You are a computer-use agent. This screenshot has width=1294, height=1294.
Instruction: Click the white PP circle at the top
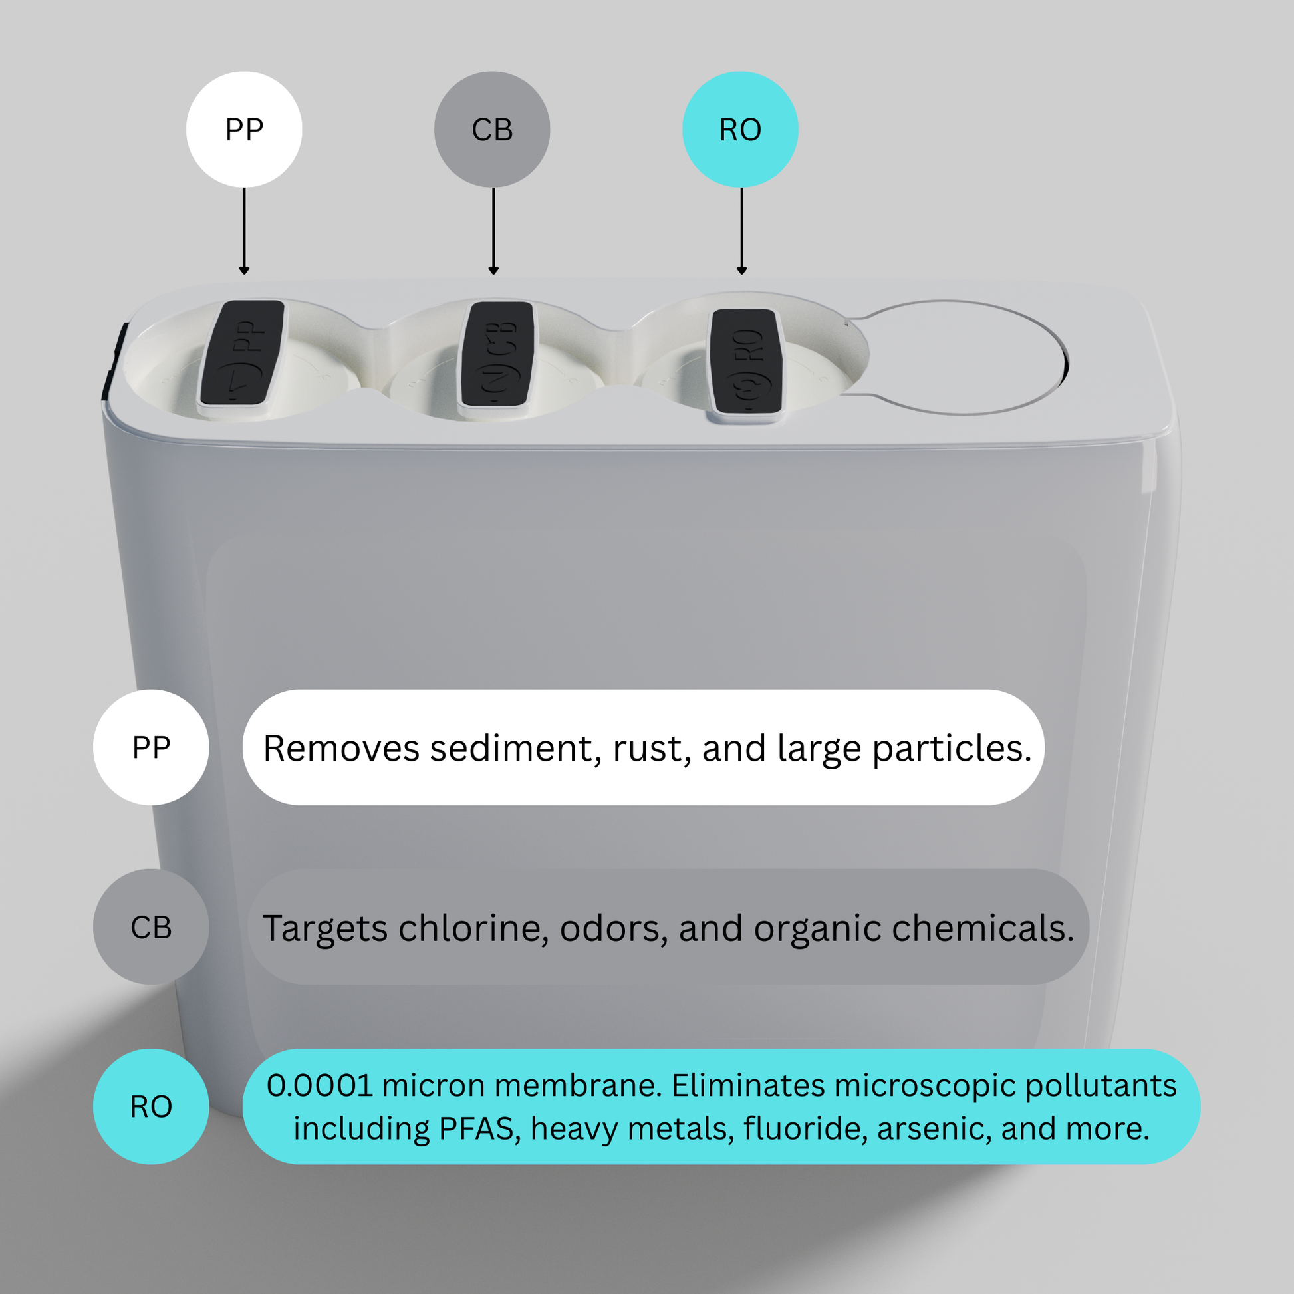(244, 129)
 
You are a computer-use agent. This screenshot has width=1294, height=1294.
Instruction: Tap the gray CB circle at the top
(492, 129)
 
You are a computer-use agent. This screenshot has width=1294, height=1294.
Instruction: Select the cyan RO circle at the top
(740, 129)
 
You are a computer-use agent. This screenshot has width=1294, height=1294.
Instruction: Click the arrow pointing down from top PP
(244, 231)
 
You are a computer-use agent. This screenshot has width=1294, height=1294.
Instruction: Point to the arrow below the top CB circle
(493, 231)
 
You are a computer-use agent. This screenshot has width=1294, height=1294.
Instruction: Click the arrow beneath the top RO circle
(741, 231)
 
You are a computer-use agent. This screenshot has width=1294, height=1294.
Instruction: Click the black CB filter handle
(498, 354)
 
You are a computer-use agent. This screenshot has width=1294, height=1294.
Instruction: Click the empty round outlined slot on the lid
(964, 357)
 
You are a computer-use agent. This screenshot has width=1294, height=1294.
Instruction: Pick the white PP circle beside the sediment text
(151, 747)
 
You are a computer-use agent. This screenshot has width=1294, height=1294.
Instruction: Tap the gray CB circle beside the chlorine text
(151, 927)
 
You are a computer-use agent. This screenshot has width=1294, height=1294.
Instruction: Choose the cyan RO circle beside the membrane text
(151, 1106)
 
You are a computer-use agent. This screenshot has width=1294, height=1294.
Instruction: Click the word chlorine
(473, 928)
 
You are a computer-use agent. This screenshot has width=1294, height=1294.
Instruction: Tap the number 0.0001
(319, 1085)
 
